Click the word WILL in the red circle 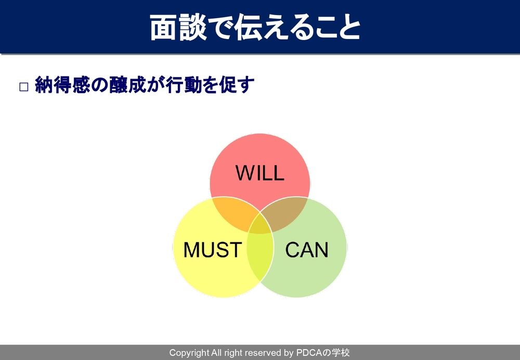[259, 173]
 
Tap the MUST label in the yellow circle [213, 250]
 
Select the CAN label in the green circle [307, 250]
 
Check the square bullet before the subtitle [24, 87]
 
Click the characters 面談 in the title [178, 27]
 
